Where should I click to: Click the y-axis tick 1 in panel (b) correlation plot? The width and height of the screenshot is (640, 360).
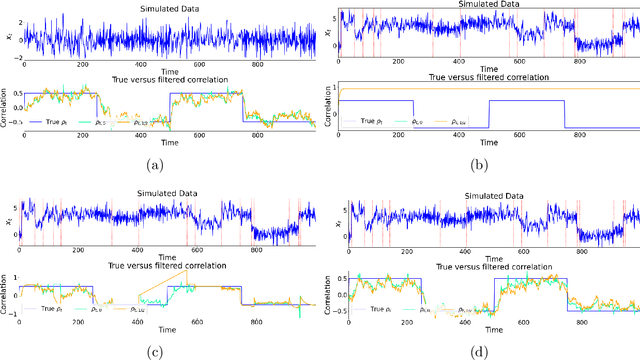pyautogui.click(x=333, y=88)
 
